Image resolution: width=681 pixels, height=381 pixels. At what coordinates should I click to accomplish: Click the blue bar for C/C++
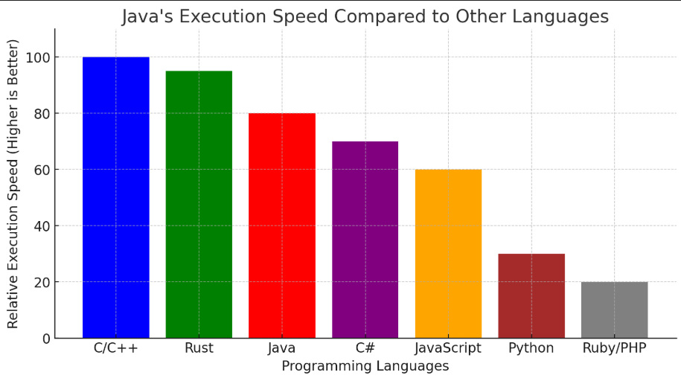pyautogui.click(x=115, y=197)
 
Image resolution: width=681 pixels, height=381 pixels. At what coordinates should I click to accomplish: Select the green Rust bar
pyautogui.click(x=199, y=204)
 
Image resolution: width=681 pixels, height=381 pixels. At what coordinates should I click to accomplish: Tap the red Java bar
pyautogui.click(x=282, y=225)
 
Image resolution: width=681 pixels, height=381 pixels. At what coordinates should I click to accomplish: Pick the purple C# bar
pyautogui.click(x=365, y=240)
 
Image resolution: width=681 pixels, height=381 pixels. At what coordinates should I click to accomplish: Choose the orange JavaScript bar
pyautogui.click(x=448, y=254)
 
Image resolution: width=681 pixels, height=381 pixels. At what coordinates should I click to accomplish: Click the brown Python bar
pyautogui.click(x=531, y=295)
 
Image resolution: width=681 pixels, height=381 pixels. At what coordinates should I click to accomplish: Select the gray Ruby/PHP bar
pyautogui.click(x=614, y=310)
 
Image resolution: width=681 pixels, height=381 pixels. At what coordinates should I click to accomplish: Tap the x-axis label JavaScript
pyautogui.click(x=448, y=348)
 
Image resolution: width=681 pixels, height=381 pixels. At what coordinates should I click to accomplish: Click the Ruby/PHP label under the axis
pyautogui.click(x=614, y=348)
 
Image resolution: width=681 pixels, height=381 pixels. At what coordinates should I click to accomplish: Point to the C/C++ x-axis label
pyautogui.click(x=115, y=348)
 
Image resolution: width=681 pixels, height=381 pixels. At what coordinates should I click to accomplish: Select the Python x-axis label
pyautogui.click(x=531, y=348)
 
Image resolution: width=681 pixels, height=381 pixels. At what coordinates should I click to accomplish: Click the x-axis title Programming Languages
pyautogui.click(x=365, y=366)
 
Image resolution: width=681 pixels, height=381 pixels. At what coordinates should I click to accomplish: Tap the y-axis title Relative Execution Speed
pyautogui.click(x=13, y=184)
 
